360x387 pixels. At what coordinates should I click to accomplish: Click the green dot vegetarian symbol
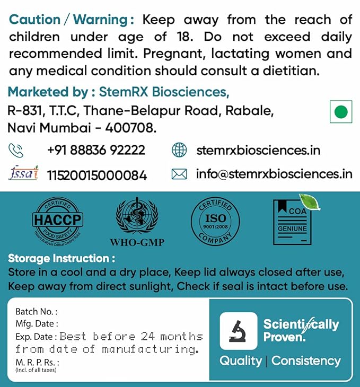[x=341, y=112]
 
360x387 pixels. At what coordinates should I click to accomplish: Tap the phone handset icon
[x=16, y=151]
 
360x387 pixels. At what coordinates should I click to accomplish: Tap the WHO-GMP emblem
[x=136, y=222]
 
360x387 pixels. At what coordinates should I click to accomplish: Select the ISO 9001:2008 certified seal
[x=215, y=222]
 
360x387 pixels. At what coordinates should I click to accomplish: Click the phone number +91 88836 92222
[x=96, y=151]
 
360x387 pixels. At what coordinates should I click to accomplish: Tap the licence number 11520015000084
[x=97, y=175]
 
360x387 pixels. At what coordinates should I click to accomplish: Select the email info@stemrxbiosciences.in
[x=274, y=174]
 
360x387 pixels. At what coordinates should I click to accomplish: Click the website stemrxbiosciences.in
[x=258, y=151]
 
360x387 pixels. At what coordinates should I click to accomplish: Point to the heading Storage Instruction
[x=62, y=259]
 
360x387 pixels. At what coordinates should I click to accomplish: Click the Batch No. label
[x=36, y=312]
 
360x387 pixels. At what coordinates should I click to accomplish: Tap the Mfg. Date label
[x=37, y=323]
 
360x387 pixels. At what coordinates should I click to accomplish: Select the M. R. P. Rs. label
[x=37, y=362]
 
